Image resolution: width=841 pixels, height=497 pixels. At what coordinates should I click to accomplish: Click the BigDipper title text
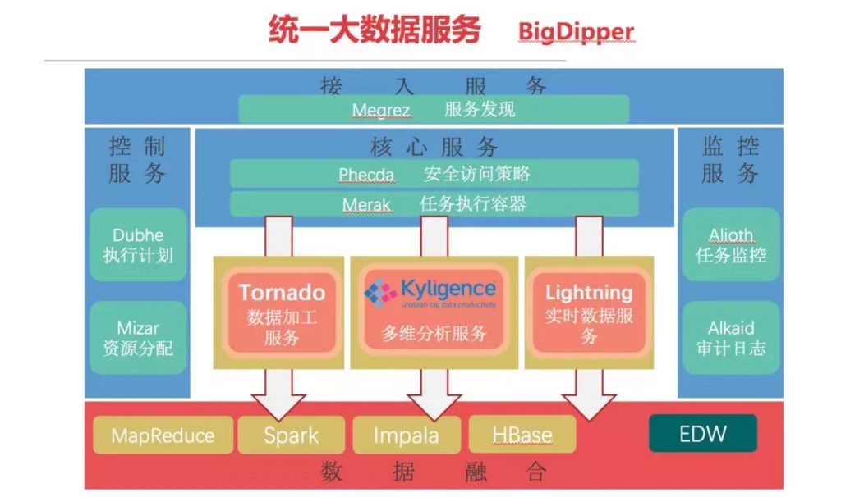click(576, 32)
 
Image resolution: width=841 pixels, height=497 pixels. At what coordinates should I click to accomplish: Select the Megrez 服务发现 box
click(434, 109)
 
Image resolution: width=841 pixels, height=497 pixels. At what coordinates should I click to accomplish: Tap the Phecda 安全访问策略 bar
click(434, 174)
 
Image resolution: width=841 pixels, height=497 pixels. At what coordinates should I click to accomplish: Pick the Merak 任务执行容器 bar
click(434, 204)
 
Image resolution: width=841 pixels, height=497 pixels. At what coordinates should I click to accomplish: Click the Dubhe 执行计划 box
click(138, 244)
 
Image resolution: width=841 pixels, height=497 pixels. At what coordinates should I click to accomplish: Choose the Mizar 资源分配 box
click(138, 338)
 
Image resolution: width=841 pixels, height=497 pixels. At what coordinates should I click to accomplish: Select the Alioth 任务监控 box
click(730, 244)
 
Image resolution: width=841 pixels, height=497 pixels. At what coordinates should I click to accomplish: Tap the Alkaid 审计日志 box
click(730, 338)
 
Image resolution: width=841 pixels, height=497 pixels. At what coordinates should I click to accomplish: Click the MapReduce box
click(163, 435)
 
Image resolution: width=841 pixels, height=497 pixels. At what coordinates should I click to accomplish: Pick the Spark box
click(291, 435)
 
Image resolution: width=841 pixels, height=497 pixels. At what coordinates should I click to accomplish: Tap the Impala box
click(406, 435)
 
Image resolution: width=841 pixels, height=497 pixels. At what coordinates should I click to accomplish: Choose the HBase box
click(522, 435)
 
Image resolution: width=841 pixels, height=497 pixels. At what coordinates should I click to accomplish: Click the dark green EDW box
click(703, 433)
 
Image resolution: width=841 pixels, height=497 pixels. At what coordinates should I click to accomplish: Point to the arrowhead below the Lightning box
click(589, 405)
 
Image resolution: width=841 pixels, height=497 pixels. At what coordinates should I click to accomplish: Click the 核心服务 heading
click(434, 148)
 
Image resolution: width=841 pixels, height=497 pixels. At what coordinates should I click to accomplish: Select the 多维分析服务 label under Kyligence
click(434, 334)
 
